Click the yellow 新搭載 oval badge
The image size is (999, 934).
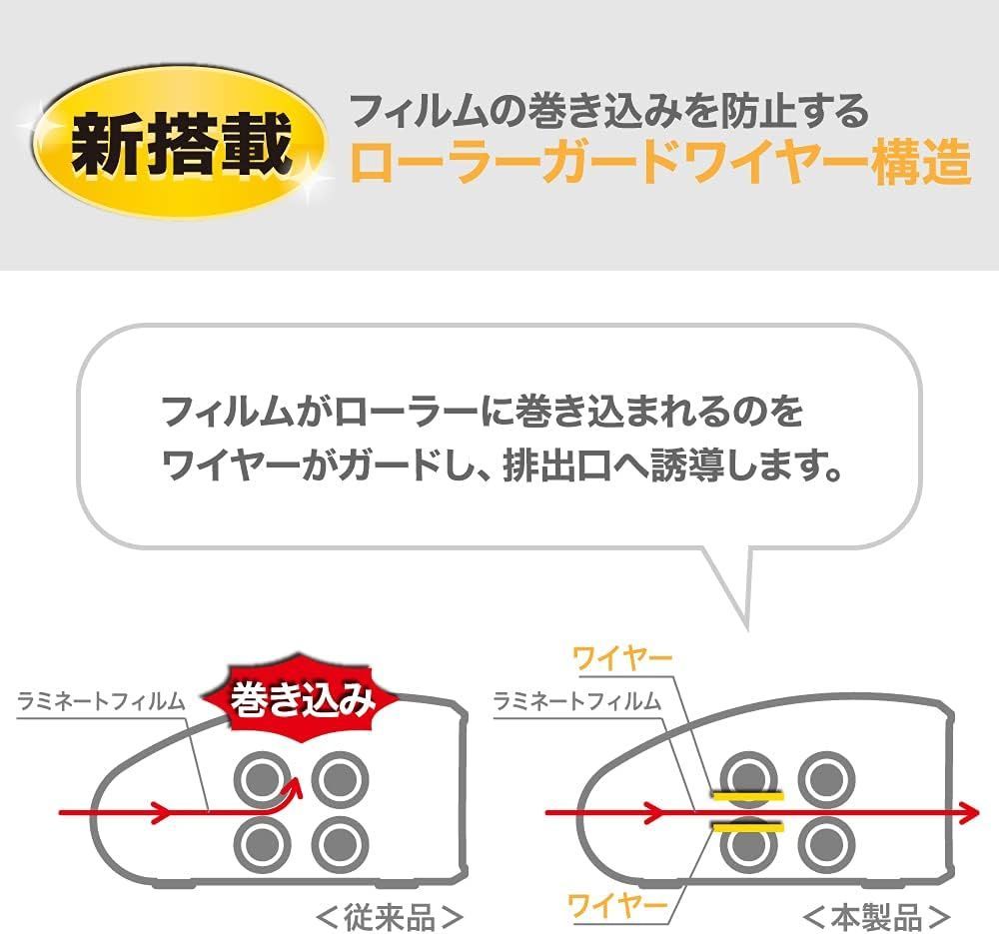(x=179, y=142)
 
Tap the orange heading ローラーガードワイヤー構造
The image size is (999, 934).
(x=660, y=163)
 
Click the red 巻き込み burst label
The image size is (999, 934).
(x=302, y=699)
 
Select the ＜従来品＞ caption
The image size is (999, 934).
(x=390, y=916)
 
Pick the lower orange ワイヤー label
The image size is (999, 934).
(x=617, y=905)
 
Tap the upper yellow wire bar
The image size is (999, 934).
(x=748, y=796)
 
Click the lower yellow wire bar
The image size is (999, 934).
(x=748, y=827)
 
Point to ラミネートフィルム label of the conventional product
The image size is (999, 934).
(x=101, y=701)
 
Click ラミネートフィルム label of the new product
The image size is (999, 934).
(x=577, y=701)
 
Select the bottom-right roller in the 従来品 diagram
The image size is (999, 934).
(x=341, y=845)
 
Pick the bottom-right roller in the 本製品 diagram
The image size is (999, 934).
(x=826, y=845)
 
